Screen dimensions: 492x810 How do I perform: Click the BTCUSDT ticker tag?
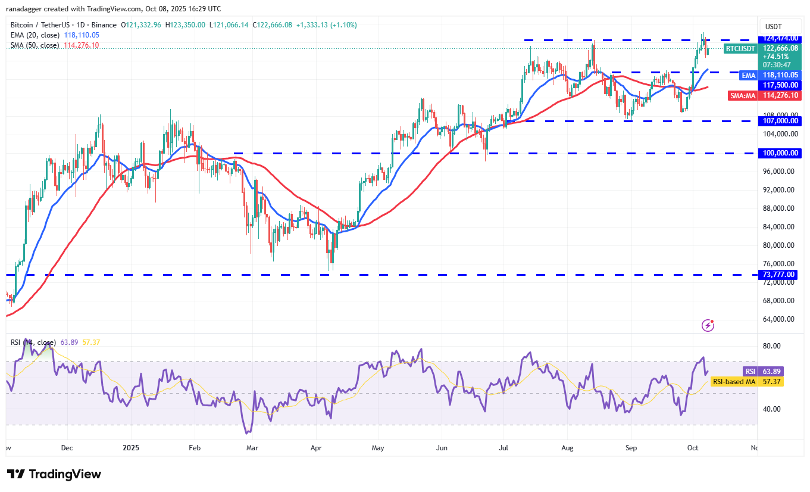point(740,48)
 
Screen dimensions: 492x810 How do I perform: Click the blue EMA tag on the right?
point(748,76)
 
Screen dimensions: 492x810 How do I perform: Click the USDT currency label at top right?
point(774,26)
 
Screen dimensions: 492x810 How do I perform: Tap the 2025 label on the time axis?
point(130,447)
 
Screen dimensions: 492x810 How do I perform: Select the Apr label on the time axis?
point(316,447)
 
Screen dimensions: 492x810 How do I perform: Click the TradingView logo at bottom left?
point(54,474)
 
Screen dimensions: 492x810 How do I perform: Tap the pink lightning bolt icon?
point(708,325)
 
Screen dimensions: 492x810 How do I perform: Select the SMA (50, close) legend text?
point(35,45)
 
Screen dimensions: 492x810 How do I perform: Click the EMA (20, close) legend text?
point(35,35)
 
